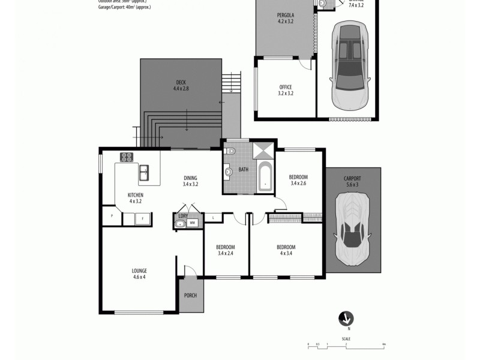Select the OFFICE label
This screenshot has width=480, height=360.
click(x=286, y=90)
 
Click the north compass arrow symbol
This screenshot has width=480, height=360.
click(x=347, y=318)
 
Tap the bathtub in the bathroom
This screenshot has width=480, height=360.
click(x=265, y=176)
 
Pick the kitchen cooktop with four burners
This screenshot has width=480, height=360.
click(x=127, y=157)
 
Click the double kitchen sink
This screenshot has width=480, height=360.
click(x=145, y=174)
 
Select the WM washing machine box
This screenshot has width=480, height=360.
click(x=193, y=223)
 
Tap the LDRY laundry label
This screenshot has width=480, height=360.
click(x=184, y=215)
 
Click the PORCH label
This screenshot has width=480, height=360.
click(x=190, y=295)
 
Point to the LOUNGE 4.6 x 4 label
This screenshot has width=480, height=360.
click(x=139, y=274)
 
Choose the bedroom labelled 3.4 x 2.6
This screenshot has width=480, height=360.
click(x=298, y=180)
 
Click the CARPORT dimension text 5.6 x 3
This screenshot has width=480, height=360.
click(x=352, y=185)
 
